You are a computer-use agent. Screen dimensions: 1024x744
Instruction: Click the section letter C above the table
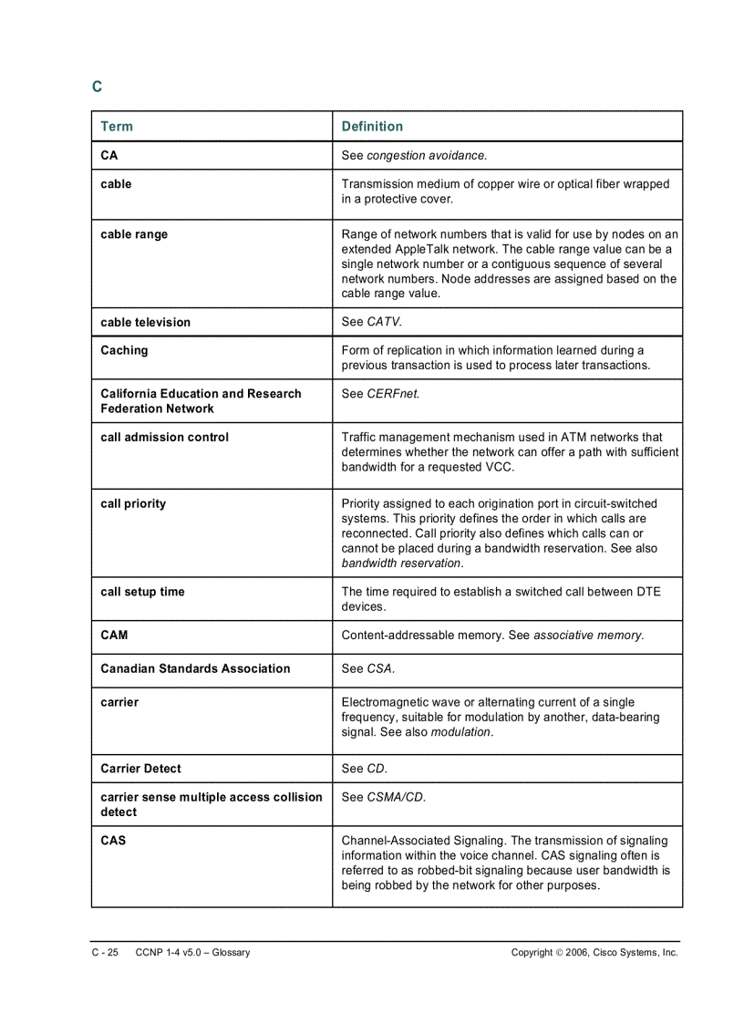click(x=97, y=88)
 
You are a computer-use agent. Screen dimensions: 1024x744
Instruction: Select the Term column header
click(x=117, y=127)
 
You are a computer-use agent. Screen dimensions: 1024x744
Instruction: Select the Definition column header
click(x=372, y=127)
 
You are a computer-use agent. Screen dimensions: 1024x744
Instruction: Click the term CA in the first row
click(x=109, y=156)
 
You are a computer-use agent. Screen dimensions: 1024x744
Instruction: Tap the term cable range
click(x=134, y=234)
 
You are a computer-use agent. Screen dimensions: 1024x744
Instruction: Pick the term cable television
click(x=146, y=322)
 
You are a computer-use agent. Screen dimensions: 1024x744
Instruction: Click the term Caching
click(x=124, y=350)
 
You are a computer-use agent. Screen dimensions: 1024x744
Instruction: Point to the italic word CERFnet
click(x=393, y=394)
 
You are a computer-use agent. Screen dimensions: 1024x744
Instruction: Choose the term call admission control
click(x=165, y=437)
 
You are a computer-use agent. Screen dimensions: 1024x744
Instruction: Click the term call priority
click(x=133, y=503)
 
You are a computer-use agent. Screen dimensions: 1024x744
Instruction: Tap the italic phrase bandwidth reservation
click(x=401, y=564)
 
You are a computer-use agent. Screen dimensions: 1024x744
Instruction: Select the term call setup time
click(x=142, y=592)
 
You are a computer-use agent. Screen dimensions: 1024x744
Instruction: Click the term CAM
click(x=114, y=635)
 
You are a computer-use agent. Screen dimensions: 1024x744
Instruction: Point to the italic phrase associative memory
click(x=588, y=635)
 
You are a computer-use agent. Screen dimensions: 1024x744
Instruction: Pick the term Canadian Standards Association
click(x=195, y=668)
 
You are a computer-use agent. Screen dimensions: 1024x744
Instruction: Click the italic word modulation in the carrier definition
click(x=460, y=732)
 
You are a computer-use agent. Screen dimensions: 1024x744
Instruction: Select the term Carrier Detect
click(x=140, y=769)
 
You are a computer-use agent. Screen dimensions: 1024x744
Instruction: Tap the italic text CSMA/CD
click(x=396, y=797)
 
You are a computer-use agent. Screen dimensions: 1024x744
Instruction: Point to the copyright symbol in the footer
click(x=559, y=953)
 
